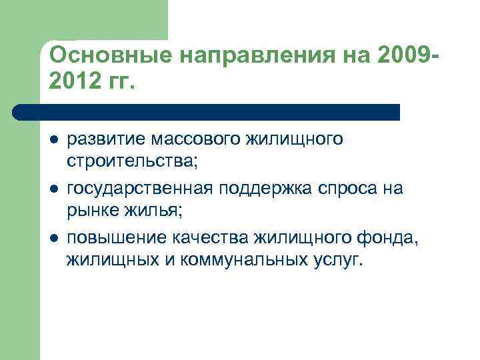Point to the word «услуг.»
336,261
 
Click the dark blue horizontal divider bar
207,111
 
